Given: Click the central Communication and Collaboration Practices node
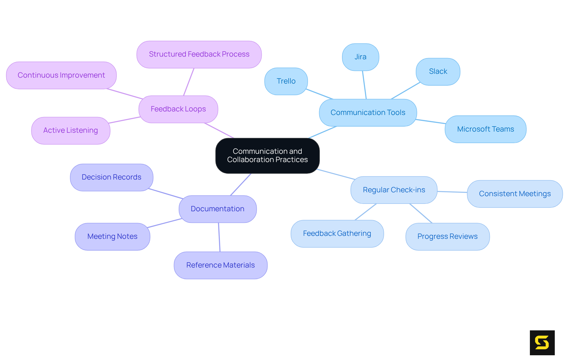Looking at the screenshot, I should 267,156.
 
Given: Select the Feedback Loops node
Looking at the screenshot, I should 178,109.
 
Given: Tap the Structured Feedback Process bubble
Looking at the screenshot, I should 199,54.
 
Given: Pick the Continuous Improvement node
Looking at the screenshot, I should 61,75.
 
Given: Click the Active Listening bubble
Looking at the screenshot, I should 71,130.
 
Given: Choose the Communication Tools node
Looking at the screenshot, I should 368,113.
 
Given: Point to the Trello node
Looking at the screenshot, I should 286,81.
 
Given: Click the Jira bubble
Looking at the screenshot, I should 360,57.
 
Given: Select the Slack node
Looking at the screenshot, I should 438,71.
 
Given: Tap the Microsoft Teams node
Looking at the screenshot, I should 485,129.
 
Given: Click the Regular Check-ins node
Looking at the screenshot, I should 394,190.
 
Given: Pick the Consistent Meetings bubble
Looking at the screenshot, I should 515,194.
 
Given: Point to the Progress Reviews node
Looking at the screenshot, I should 447,236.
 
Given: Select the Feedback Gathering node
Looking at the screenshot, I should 337,233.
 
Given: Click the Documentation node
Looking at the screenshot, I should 218,209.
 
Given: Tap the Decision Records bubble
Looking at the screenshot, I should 111,177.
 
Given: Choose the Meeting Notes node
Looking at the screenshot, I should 112,236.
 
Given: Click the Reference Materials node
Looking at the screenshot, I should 220,265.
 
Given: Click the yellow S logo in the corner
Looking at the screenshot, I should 542,343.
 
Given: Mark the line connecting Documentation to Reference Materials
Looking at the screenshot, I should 219,237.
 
